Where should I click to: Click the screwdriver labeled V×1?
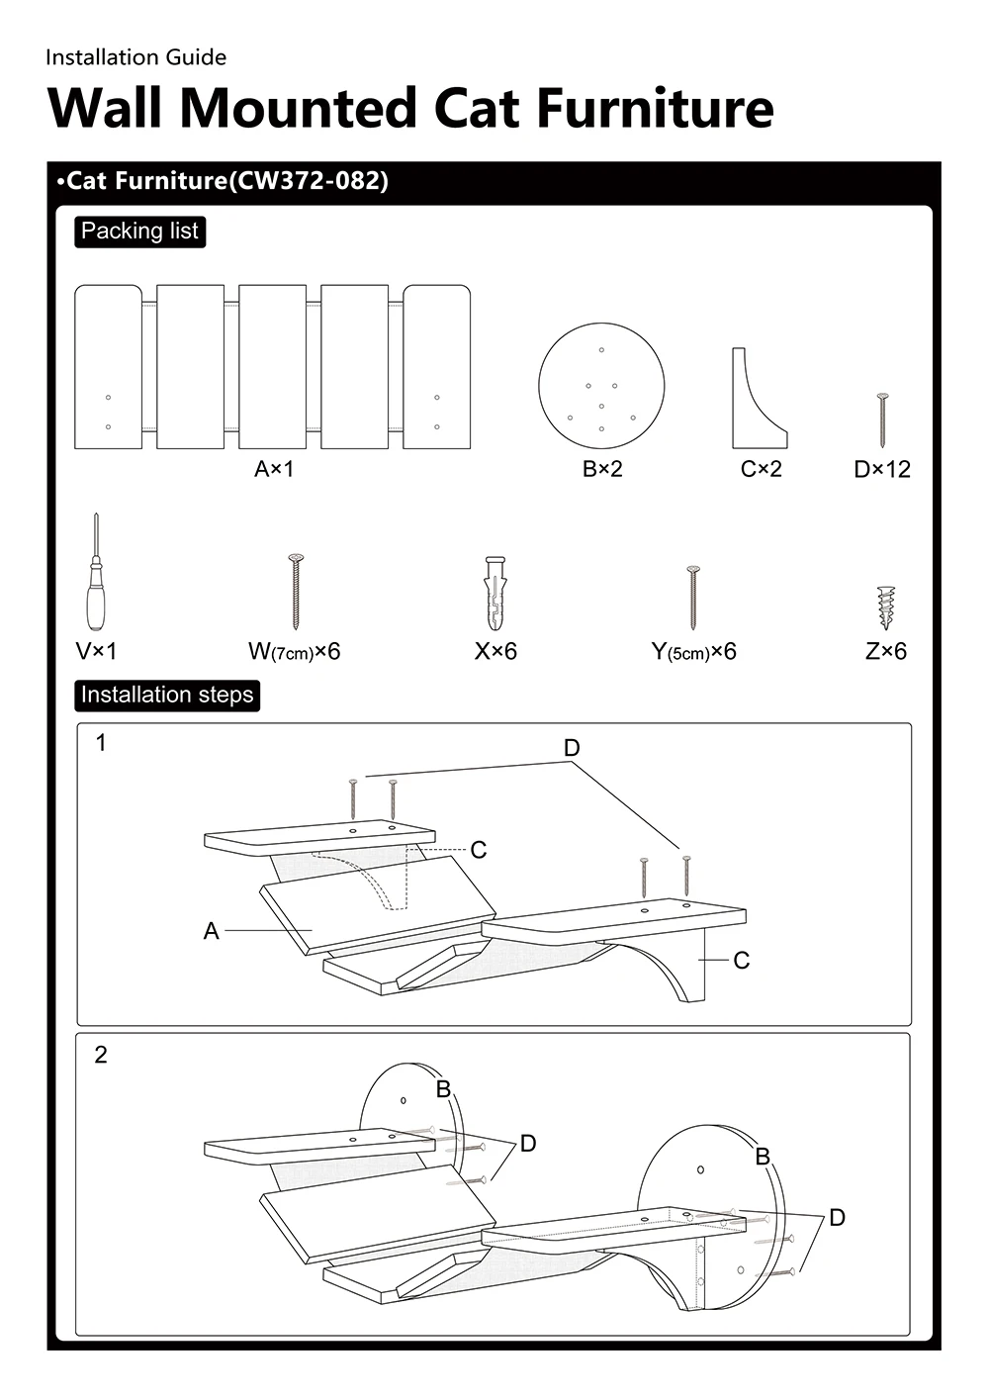tap(96, 584)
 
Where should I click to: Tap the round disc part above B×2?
tap(601, 386)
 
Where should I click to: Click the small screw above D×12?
tap(882, 420)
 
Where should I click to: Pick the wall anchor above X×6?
tap(494, 593)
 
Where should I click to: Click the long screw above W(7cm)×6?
tap(295, 592)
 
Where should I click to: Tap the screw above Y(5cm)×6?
tap(692, 598)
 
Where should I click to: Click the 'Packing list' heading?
tap(139, 232)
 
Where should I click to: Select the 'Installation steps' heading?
tap(167, 695)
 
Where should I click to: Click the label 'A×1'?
tap(274, 469)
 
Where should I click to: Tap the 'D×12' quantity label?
tap(882, 470)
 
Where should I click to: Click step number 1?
tap(101, 742)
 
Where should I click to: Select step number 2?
tap(101, 1055)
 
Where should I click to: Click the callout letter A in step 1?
tap(211, 931)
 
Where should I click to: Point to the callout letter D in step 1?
tap(572, 748)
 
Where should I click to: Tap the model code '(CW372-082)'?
tap(309, 181)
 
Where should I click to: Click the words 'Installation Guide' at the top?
tap(135, 57)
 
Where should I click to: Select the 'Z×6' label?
tap(886, 651)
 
